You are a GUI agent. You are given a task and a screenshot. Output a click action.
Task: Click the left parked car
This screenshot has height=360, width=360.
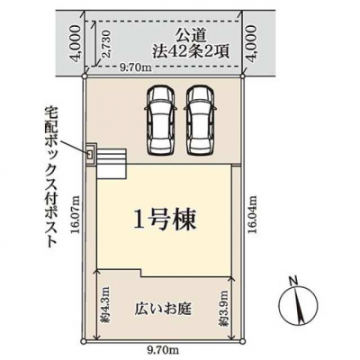tap(159, 121)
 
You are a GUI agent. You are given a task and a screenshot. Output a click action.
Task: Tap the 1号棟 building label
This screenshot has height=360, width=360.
tap(165, 220)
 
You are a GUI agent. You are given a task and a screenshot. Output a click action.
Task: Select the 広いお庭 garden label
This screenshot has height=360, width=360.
tap(164, 309)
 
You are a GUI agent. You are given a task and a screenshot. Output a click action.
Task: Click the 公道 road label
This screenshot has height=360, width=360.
tap(190, 37)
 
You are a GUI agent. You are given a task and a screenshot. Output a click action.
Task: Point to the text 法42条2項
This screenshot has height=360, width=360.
tap(190, 52)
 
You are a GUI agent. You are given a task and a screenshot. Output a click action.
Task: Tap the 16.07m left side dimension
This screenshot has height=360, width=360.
tap(76, 214)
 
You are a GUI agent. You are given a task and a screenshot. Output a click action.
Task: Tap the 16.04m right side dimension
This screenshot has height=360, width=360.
tap(253, 214)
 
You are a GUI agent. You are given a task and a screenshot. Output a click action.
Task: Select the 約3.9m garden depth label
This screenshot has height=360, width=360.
tap(224, 309)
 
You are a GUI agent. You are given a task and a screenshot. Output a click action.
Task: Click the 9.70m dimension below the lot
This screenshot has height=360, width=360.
tap(163, 349)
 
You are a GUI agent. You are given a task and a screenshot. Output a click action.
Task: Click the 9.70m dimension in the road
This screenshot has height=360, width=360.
tap(135, 68)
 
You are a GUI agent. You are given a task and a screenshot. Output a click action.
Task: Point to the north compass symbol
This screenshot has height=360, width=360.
tap(298, 306)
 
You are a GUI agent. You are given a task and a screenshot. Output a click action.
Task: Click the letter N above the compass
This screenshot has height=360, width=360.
tap(293, 282)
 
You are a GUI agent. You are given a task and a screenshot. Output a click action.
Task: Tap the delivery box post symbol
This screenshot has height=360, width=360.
tap(90, 155)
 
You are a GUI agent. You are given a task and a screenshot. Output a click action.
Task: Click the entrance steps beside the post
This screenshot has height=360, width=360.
tap(111, 164)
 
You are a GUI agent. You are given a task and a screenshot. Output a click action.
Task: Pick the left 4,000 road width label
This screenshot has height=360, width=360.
tap(75, 42)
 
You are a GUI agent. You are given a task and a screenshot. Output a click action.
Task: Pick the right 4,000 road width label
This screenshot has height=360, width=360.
tap(252, 42)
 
